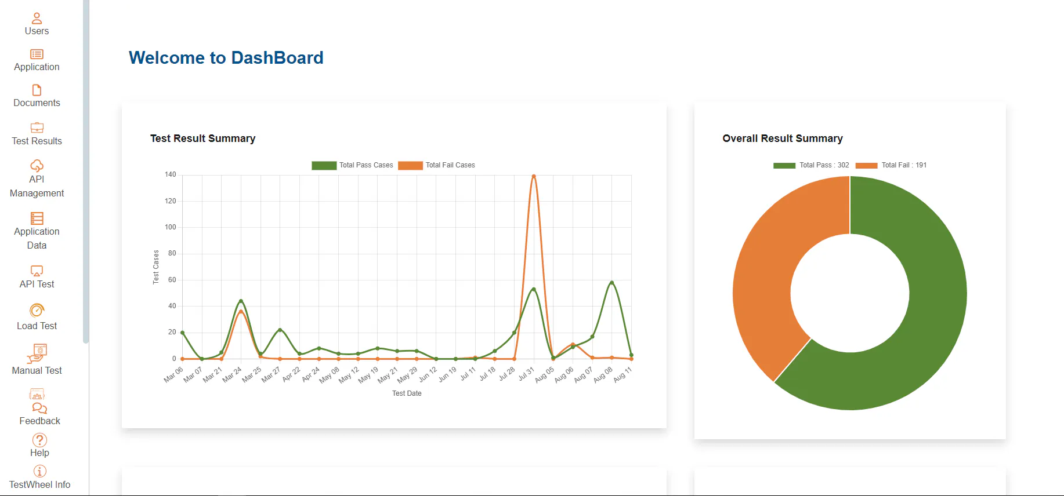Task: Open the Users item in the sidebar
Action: point(37,24)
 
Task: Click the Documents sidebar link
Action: point(37,96)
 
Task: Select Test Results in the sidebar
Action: point(37,134)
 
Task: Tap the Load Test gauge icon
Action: point(37,310)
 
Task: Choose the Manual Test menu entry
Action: point(37,360)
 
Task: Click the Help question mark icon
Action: point(39,440)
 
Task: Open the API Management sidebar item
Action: point(37,179)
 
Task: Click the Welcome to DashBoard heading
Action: point(226,58)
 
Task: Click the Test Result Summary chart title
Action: point(202,138)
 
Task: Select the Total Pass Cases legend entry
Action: point(352,165)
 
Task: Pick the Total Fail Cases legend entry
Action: point(436,165)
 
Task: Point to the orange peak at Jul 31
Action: point(534,176)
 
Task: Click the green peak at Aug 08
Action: point(611,283)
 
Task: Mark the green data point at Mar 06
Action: point(183,333)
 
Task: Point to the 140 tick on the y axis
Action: point(170,174)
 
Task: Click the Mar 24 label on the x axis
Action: point(232,374)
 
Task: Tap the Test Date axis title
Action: point(407,393)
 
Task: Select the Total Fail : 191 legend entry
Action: point(891,165)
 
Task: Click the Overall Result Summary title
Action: point(783,138)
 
